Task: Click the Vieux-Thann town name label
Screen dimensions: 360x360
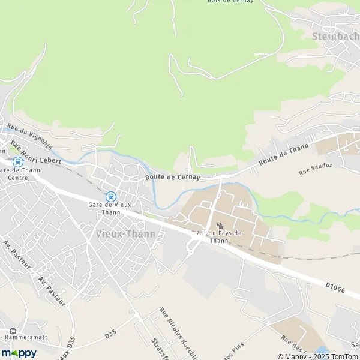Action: pos(125,233)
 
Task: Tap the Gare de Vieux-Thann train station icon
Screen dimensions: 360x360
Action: pos(110,196)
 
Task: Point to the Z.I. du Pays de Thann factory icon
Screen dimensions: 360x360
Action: pos(220,226)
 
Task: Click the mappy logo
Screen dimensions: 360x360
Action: pos(19,353)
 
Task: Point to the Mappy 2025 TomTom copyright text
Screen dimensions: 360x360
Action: pos(315,356)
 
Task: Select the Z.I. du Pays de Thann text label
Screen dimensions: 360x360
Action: pos(220,236)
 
